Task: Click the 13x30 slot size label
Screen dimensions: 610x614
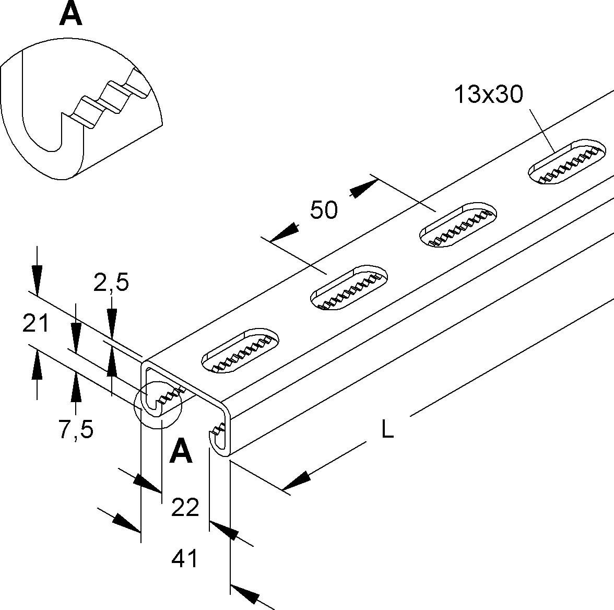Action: pos(488,95)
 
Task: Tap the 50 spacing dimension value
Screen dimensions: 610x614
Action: pos(324,210)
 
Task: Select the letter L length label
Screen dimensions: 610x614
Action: pos(387,430)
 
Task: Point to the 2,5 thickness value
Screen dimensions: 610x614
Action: pos(111,283)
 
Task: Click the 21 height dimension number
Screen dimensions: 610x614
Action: pos(36,324)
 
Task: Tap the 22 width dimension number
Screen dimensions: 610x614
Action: pos(185,507)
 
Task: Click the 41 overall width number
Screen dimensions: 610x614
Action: pos(185,559)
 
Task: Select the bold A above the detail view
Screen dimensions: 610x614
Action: pos(70,14)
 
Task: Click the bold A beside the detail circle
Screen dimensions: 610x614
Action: pos(181,451)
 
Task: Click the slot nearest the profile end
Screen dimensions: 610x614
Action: pos(240,351)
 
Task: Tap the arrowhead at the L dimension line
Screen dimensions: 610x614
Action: pos(296,481)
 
